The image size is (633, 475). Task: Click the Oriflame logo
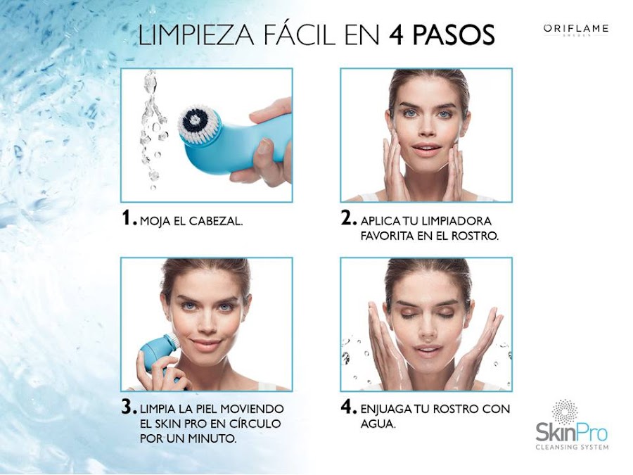575,29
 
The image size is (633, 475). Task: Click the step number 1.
128,219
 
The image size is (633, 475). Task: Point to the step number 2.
349,219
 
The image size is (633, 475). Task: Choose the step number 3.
128,408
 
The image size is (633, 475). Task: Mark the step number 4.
349,408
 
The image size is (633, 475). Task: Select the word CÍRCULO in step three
252,424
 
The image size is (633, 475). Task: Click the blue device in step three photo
159,352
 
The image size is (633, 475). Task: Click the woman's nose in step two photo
426,134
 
